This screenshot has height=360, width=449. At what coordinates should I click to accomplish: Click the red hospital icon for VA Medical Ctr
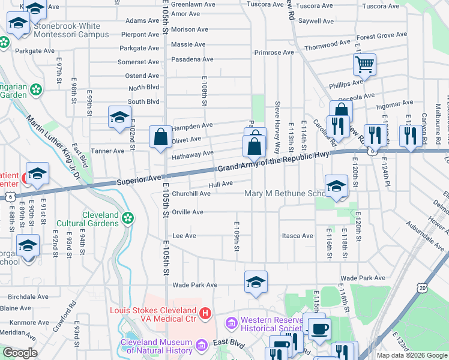(205, 313)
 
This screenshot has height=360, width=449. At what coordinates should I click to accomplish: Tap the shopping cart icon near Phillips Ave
(364, 64)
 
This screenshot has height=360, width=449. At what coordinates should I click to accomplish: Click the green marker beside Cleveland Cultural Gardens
(127, 218)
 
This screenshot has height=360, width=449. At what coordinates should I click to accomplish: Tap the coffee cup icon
(319, 328)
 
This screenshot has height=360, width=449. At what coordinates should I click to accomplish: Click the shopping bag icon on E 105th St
(161, 137)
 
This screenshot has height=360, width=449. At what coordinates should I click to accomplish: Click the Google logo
(20, 352)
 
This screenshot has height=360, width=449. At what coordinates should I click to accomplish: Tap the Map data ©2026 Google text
(412, 355)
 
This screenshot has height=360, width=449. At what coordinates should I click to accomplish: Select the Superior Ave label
(139, 179)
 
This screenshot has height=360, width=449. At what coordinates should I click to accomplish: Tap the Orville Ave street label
(188, 212)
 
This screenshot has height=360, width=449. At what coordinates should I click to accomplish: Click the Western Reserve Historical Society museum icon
(232, 324)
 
